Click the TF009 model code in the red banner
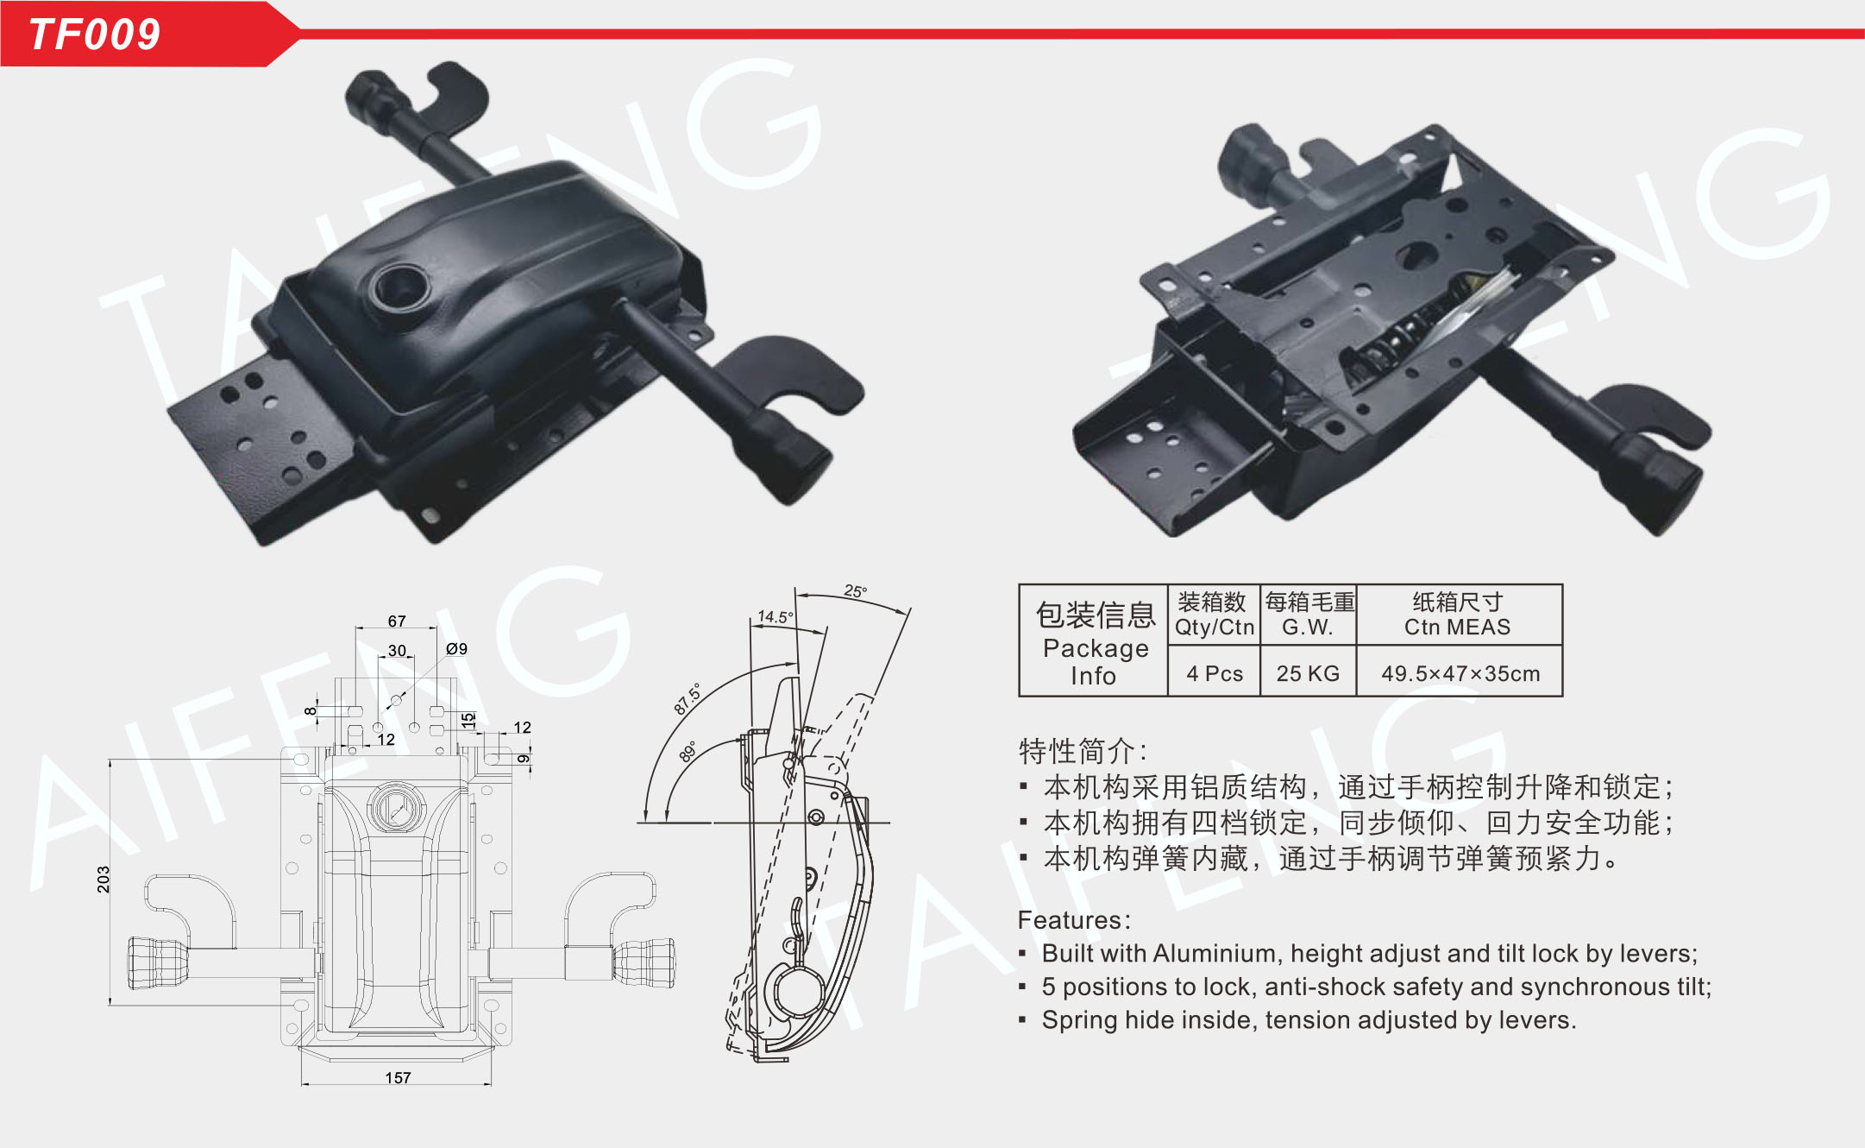point(95,35)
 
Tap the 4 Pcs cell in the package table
point(1215,673)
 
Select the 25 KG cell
point(1308,673)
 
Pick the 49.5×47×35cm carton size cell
point(1460,673)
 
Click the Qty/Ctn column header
point(1215,627)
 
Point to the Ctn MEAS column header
point(1458,627)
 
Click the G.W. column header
point(1308,627)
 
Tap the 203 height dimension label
point(104,879)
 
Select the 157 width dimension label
point(398,1077)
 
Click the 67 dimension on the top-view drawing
point(397,621)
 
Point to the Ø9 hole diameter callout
point(456,648)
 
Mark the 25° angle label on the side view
point(855,590)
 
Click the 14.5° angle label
point(775,616)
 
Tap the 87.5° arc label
point(688,699)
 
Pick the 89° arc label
point(688,751)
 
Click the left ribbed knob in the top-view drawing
point(157,962)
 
